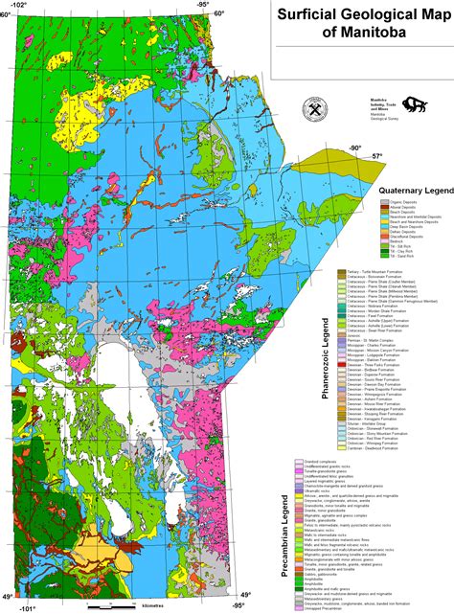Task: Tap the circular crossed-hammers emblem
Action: click(x=315, y=108)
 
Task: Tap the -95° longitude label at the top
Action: click(x=203, y=5)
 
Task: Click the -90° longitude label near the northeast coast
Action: click(x=354, y=148)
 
